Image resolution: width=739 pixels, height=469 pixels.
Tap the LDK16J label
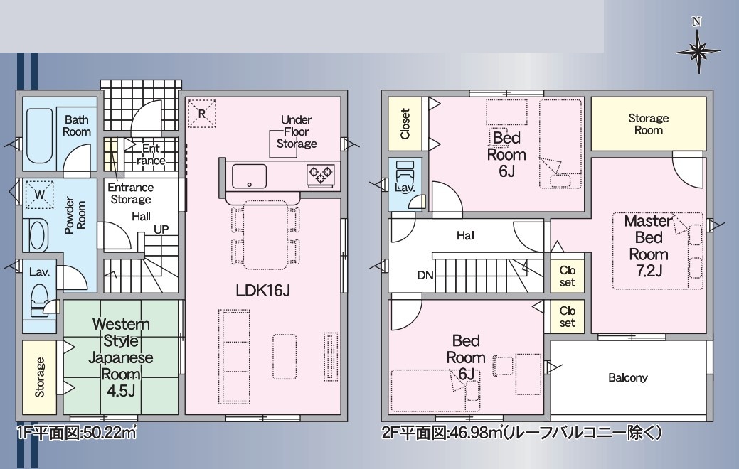pyautogui.click(x=262, y=291)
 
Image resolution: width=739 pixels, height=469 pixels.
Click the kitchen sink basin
pyautogui.click(x=249, y=176)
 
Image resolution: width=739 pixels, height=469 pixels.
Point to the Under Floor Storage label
pyautogui.click(x=297, y=132)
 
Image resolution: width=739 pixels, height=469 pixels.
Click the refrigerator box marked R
pyautogui.click(x=202, y=114)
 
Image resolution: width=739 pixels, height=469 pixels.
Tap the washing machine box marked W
pyautogui.click(x=39, y=194)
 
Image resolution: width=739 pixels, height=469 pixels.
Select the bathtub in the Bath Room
pyautogui.click(x=38, y=136)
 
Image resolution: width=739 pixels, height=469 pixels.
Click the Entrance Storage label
pyautogui.click(x=131, y=193)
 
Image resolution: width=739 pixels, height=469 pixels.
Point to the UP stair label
pyautogui.click(x=161, y=230)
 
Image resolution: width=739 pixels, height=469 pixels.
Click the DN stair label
pyautogui.click(x=425, y=276)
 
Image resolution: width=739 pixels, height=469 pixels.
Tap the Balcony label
pyautogui.click(x=628, y=377)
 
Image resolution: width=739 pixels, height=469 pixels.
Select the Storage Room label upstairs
pyautogui.click(x=649, y=124)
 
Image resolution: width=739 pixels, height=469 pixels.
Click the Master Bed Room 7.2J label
pyautogui.click(x=649, y=245)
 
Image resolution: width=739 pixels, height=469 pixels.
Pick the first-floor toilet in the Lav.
pyautogui.click(x=39, y=301)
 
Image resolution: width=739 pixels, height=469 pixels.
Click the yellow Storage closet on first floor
pyautogui.click(x=40, y=377)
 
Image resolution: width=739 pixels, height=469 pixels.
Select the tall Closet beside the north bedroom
pyautogui.click(x=405, y=124)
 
